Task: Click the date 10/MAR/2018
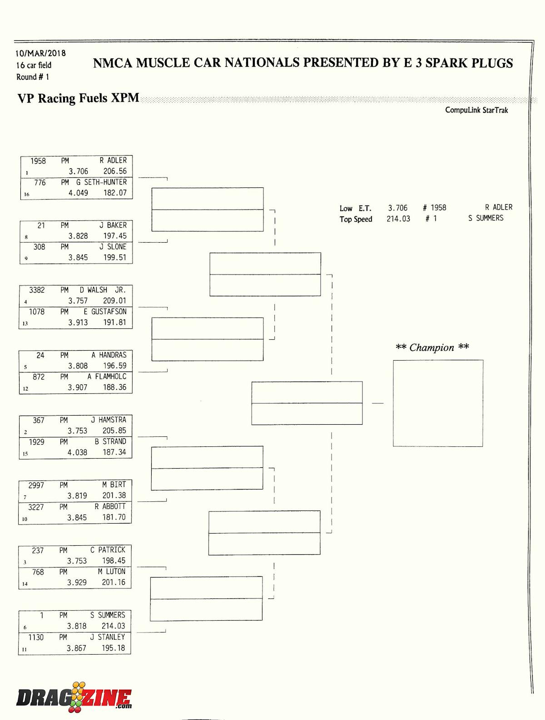(41, 53)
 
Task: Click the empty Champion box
(438, 403)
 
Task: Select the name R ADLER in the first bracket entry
(113, 160)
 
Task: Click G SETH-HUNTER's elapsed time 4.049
(78, 193)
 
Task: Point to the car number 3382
(37, 290)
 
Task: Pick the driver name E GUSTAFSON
(105, 312)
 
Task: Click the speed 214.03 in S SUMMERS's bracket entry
(113, 626)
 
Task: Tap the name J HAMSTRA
(109, 420)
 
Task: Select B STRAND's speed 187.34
(114, 452)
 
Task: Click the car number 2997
(36, 485)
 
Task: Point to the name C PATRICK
(108, 550)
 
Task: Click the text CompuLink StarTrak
(476, 110)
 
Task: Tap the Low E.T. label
(355, 208)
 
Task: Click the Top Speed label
(356, 219)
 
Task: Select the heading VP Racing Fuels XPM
(78, 98)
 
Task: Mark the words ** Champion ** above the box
(432, 348)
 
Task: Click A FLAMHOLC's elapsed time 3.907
(78, 387)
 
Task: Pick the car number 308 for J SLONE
(39, 247)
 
